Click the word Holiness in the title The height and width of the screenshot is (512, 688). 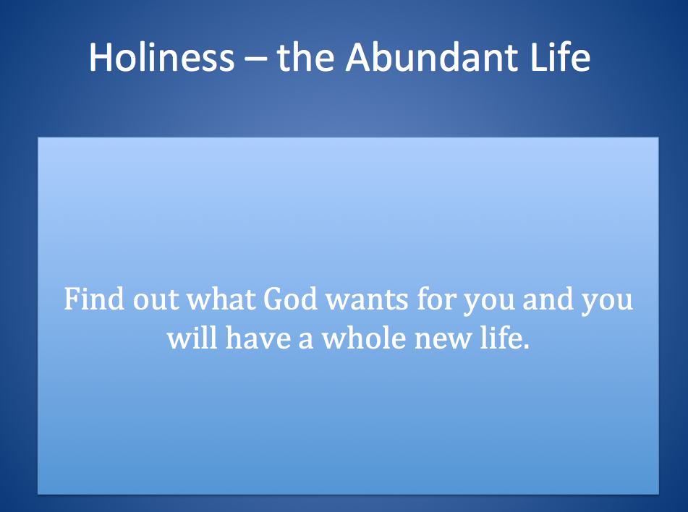point(161,57)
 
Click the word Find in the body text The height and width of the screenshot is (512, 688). point(88,299)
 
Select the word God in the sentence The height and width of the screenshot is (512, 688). point(290,299)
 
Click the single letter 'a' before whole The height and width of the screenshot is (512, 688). point(307,340)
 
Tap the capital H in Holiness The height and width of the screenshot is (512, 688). point(101,57)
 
